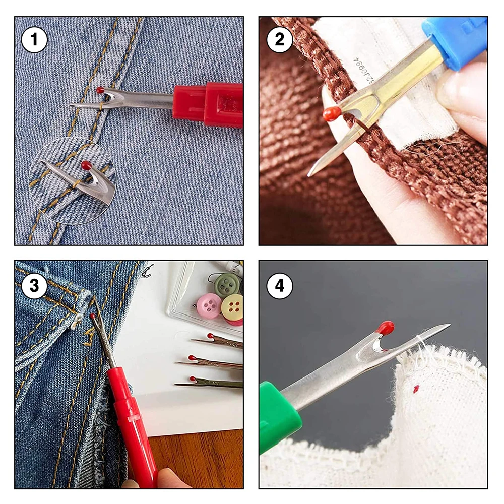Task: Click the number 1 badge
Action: [x=34, y=40]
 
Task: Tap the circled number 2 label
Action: [x=279, y=40]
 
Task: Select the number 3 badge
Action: [x=34, y=286]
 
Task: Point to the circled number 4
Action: [x=279, y=286]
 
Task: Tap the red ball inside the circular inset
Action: [x=86, y=165]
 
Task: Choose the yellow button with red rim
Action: [x=233, y=308]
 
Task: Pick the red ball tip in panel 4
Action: [x=386, y=328]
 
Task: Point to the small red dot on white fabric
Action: [x=416, y=389]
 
